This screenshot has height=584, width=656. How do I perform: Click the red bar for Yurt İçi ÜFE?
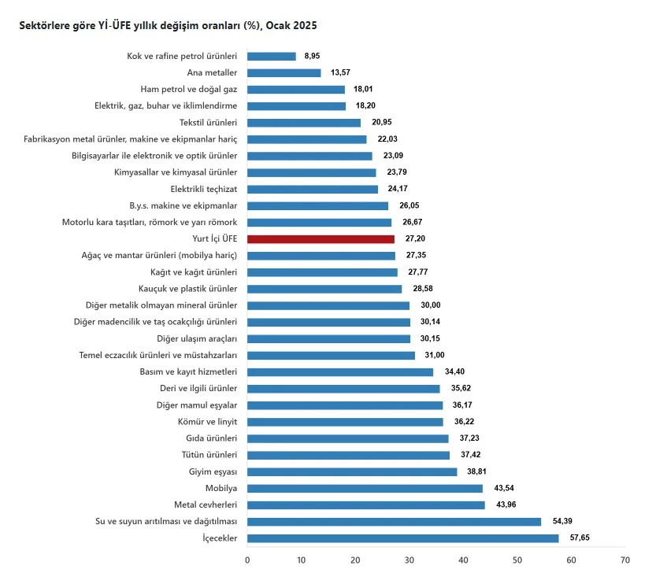point(321,238)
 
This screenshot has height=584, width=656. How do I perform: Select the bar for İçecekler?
point(402,538)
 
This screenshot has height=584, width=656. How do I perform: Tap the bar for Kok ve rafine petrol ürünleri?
point(272,57)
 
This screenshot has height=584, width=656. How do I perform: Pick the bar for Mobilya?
point(365,488)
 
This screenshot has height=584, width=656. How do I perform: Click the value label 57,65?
point(579,538)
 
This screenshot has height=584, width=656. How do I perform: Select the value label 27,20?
point(413,238)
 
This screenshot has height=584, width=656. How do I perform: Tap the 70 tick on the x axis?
point(624,560)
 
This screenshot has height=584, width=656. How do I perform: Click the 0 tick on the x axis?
point(247,560)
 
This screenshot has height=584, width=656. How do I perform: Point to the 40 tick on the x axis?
point(463,560)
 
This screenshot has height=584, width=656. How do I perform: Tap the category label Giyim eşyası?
point(210,471)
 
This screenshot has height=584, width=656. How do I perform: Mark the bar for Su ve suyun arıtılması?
point(394,521)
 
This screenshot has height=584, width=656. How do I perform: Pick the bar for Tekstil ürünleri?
point(304,123)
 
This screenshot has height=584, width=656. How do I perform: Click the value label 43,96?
point(505,505)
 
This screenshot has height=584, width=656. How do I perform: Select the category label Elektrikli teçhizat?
point(203,189)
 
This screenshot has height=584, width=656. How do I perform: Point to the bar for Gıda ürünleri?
point(347,438)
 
